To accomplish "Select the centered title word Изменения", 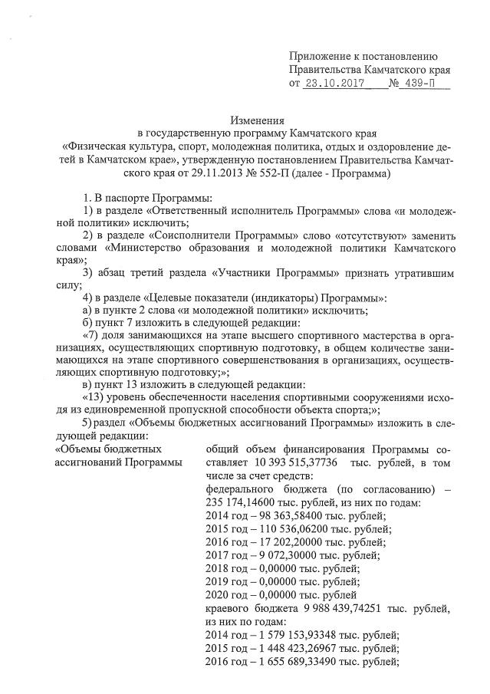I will click(x=258, y=120).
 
